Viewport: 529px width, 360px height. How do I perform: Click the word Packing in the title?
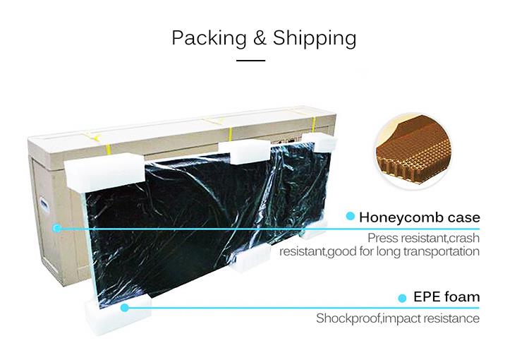click(x=209, y=38)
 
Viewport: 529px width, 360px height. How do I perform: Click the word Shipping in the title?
click(x=315, y=38)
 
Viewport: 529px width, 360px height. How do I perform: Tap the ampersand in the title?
click(x=260, y=37)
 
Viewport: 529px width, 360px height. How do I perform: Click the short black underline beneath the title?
click(x=250, y=61)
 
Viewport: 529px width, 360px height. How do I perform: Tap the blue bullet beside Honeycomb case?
click(x=351, y=216)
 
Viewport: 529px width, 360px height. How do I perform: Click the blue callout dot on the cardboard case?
click(x=57, y=228)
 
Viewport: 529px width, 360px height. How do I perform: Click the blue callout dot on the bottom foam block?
click(x=124, y=307)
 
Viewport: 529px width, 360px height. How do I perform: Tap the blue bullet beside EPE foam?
click(x=402, y=298)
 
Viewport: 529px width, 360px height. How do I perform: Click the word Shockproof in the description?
click(x=348, y=318)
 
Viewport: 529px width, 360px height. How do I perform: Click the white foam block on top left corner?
click(x=105, y=171)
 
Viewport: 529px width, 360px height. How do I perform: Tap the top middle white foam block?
click(x=244, y=151)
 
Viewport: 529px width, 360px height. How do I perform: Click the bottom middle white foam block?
click(x=250, y=258)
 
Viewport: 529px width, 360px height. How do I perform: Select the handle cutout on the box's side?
click(x=45, y=205)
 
